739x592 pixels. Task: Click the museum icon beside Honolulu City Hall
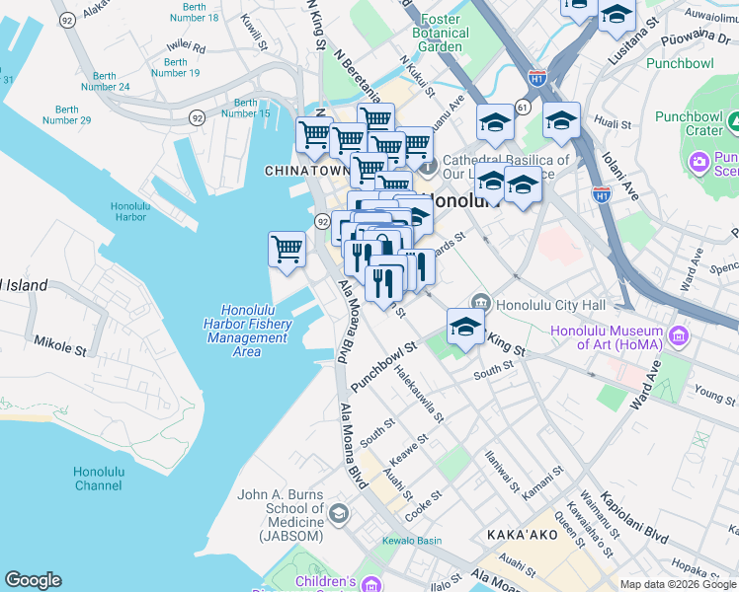coord(481,302)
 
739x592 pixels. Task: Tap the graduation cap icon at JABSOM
coord(339,512)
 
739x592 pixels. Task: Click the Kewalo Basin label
coord(414,540)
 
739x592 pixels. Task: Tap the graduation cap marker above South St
coord(465,327)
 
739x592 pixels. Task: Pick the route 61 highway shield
coord(522,106)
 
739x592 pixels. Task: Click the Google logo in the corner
coord(33,580)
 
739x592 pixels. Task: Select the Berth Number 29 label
coord(67,114)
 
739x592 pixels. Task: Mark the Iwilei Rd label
coord(186,46)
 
